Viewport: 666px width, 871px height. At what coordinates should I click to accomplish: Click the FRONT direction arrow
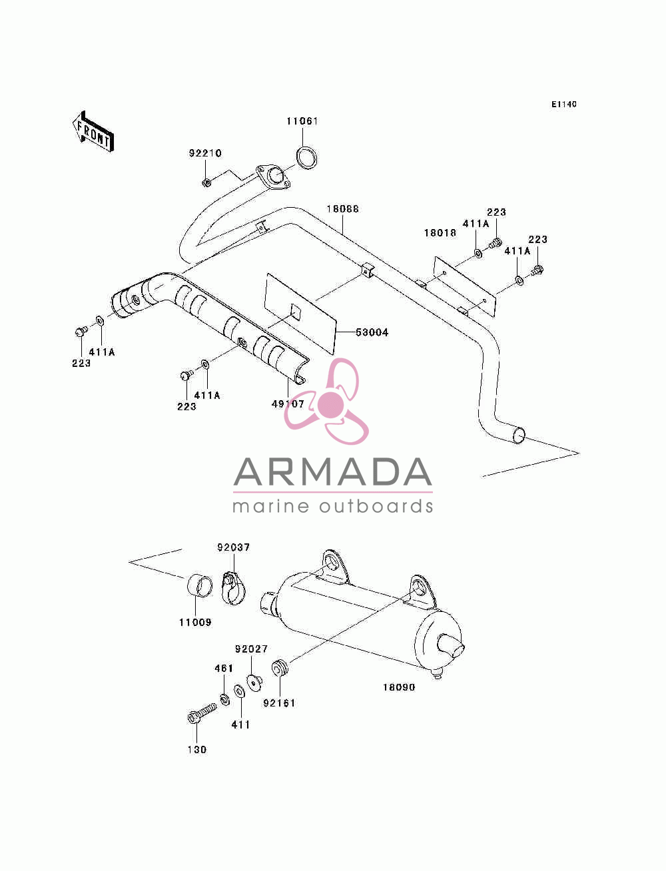pyautogui.click(x=93, y=131)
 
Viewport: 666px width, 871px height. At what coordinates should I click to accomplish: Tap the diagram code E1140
pyautogui.click(x=563, y=105)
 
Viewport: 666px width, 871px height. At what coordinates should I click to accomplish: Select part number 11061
pyautogui.click(x=302, y=121)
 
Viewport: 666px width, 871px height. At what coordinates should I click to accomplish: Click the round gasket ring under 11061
pyautogui.click(x=307, y=158)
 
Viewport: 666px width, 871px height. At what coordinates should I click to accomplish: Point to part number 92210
pyautogui.click(x=205, y=153)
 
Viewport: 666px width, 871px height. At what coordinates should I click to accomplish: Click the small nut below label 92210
pyautogui.click(x=206, y=182)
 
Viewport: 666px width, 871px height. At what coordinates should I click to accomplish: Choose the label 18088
pyautogui.click(x=342, y=208)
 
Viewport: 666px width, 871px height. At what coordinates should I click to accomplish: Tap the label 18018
pyautogui.click(x=440, y=233)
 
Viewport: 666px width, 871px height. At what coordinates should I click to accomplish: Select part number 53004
pyautogui.click(x=372, y=332)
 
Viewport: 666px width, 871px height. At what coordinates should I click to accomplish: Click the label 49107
pyautogui.click(x=288, y=404)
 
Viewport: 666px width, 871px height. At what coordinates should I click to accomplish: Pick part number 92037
pyautogui.click(x=233, y=547)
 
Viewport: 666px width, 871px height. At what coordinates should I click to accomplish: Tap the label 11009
pyautogui.click(x=195, y=622)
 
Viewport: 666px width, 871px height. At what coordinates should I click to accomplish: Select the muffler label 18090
pyautogui.click(x=398, y=687)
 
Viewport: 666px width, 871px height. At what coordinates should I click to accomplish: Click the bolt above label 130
pyautogui.click(x=202, y=713)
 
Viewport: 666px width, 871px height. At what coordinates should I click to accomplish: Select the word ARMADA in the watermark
pyautogui.click(x=332, y=472)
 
